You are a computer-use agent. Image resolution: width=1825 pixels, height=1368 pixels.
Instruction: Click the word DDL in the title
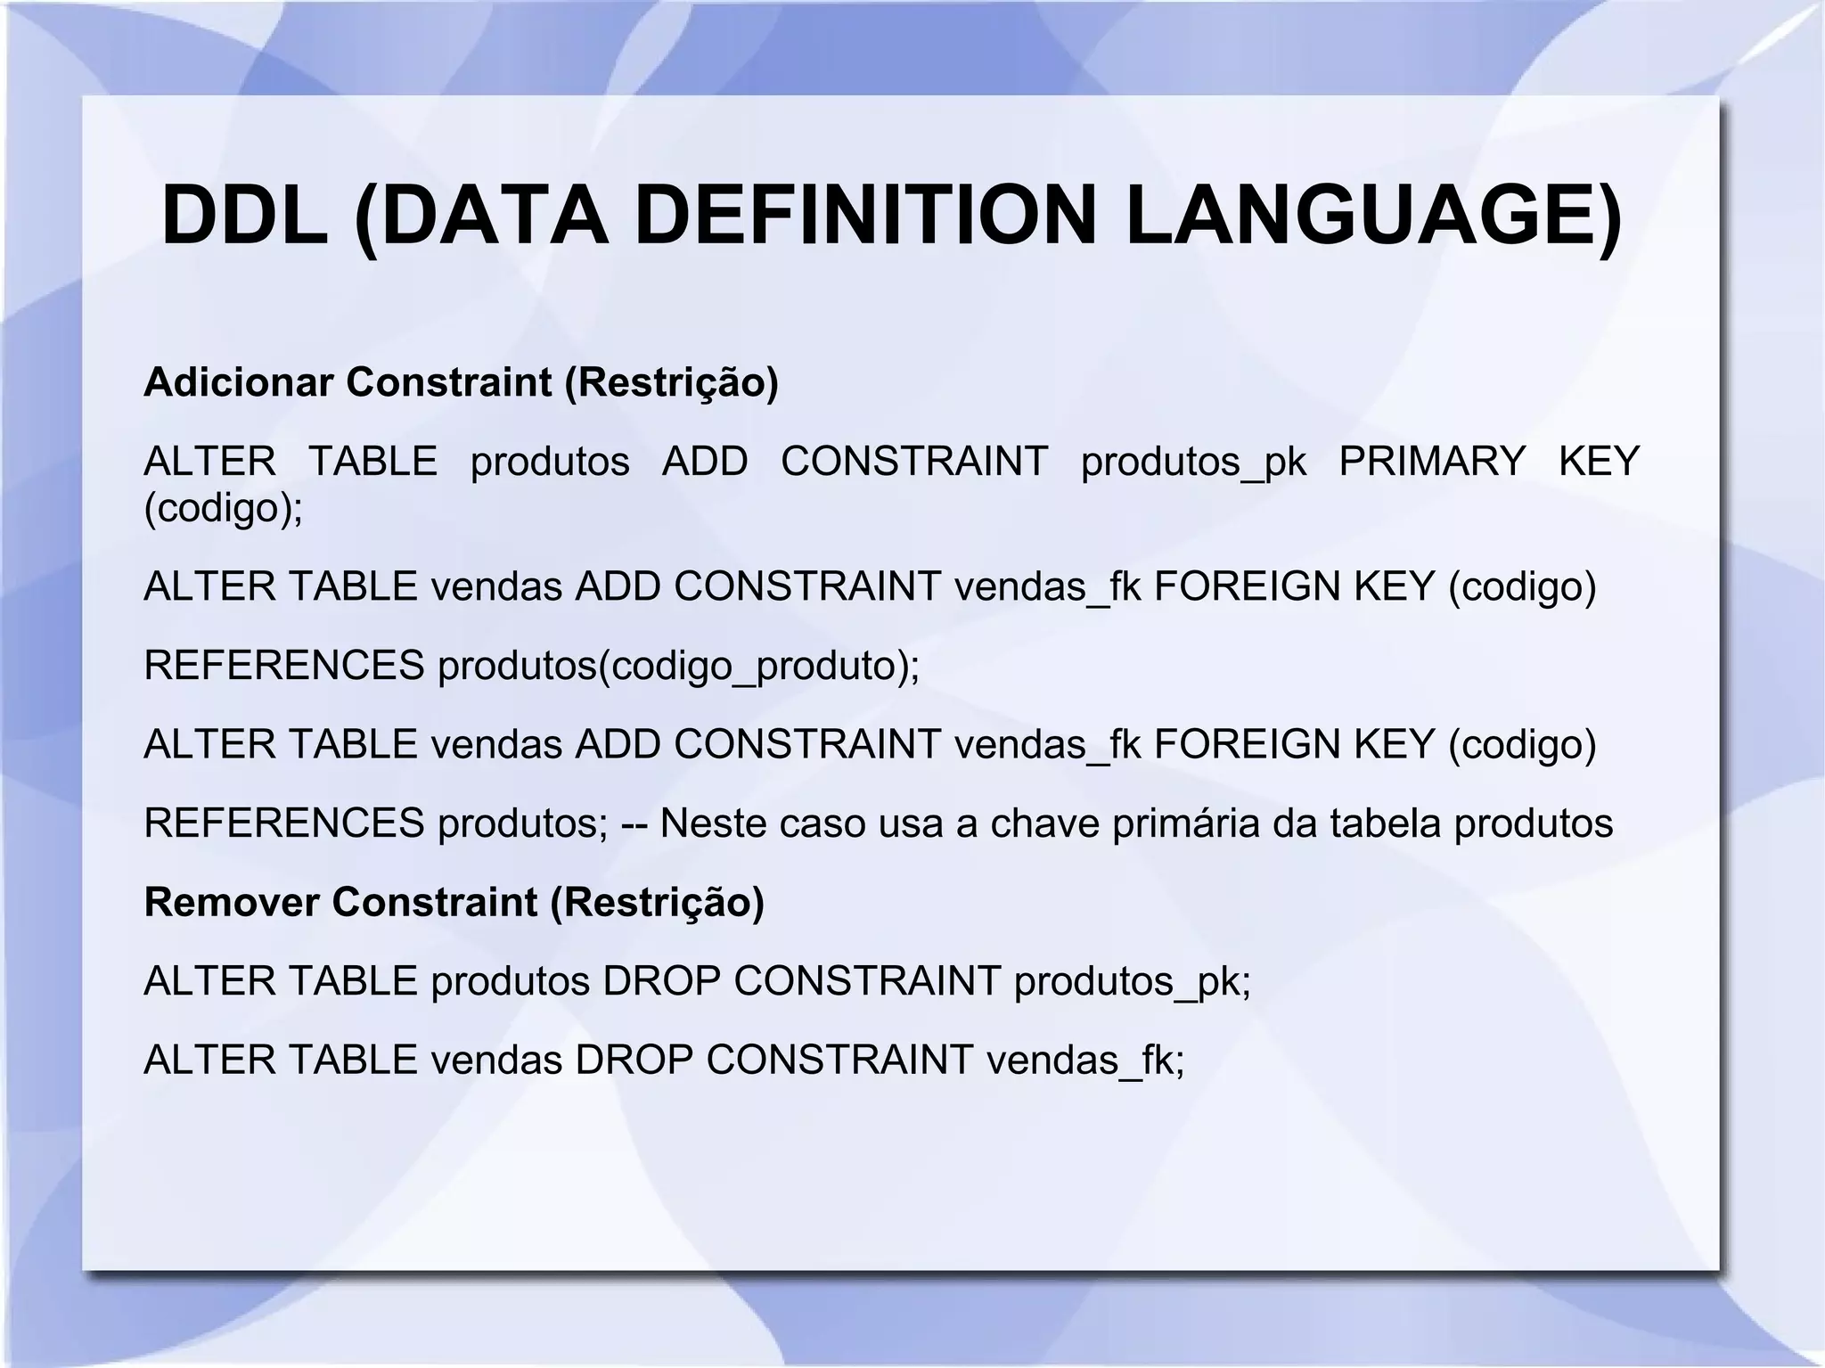[244, 217]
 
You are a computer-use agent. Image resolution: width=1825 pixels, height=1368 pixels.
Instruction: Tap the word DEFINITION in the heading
[864, 217]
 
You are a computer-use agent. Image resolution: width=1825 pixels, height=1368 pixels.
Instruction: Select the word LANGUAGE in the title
[1368, 217]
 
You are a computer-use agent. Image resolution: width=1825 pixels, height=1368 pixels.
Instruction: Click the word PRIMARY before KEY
[1432, 462]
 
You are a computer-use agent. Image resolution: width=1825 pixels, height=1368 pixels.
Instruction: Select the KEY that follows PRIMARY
[1599, 462]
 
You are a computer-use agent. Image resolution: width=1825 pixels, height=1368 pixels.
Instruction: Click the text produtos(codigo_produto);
[678, 666]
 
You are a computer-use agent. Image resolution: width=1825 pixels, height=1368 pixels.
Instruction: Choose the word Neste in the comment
[712, 823]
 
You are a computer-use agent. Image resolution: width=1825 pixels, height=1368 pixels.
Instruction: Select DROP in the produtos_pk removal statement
[661, 981]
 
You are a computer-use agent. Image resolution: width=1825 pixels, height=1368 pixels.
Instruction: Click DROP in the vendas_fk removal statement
[634, 1061]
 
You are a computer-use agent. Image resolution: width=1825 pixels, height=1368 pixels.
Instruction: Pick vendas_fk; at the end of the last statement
[1085, 1061]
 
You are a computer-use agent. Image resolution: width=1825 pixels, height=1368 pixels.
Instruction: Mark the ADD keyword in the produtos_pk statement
[705, 462]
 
